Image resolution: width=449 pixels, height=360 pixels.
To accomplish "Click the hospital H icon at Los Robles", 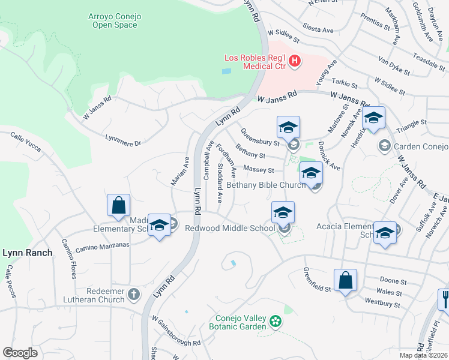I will coord(295,61).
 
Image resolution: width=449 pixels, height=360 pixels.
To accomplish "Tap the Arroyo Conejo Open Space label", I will coord(112,20).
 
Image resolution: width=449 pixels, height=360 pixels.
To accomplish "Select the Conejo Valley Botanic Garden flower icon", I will coord(275,322).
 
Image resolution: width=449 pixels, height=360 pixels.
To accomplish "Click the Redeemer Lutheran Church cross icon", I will coord(133,295).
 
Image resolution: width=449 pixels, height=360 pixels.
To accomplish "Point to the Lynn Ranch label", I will coord(28,253).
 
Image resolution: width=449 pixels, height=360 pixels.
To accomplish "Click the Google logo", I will coord(20,353).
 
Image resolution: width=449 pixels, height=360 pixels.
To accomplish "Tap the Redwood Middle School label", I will coord(229,228).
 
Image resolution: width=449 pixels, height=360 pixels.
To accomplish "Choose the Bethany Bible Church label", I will coord(265,185).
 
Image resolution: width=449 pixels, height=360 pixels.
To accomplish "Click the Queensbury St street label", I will coord(260,137).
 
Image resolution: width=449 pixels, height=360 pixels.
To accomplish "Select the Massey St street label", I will coord(259,170).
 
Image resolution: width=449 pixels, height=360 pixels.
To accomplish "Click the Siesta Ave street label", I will coord(318,29).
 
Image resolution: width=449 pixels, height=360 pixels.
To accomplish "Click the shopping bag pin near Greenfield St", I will coord(345,280).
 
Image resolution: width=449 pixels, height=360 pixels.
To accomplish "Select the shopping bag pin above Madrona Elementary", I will coord(119,205).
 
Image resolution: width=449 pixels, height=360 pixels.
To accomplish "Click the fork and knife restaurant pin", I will coord(445,298).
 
